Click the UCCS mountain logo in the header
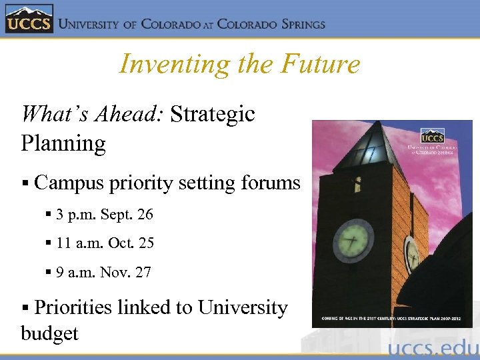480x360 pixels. coord(28,19)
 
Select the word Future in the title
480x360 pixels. coord(321,65)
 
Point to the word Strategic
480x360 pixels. coord(213,114)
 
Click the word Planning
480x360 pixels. coord(63,143)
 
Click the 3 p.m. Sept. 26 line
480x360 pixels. coord(105,215)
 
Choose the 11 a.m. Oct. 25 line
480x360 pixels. coord(105,243)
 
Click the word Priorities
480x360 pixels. coord(73,307)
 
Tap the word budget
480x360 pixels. coord(49,333)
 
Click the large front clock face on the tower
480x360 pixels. coord(353,239)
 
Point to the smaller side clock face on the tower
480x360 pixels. coord(411,254)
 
